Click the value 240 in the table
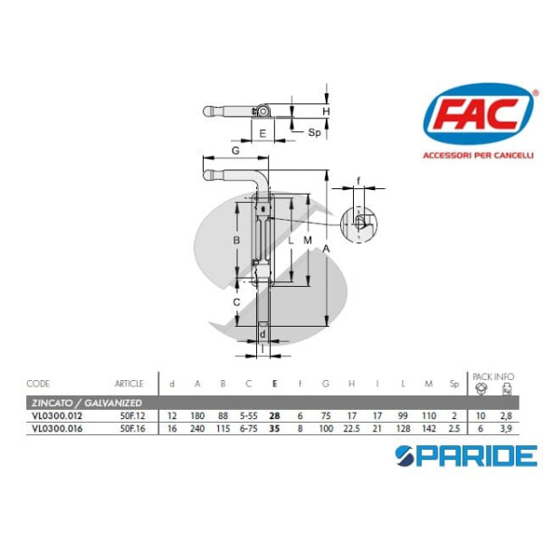pos(197,428)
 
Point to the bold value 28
pos(274,414)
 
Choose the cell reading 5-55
pos(249,414)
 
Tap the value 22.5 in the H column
pos(351,428)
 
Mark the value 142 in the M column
pos(429,428)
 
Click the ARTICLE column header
pos(129,384)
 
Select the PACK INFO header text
pos(494,375)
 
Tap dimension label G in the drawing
pos(234,149)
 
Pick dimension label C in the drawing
pos(236,302)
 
